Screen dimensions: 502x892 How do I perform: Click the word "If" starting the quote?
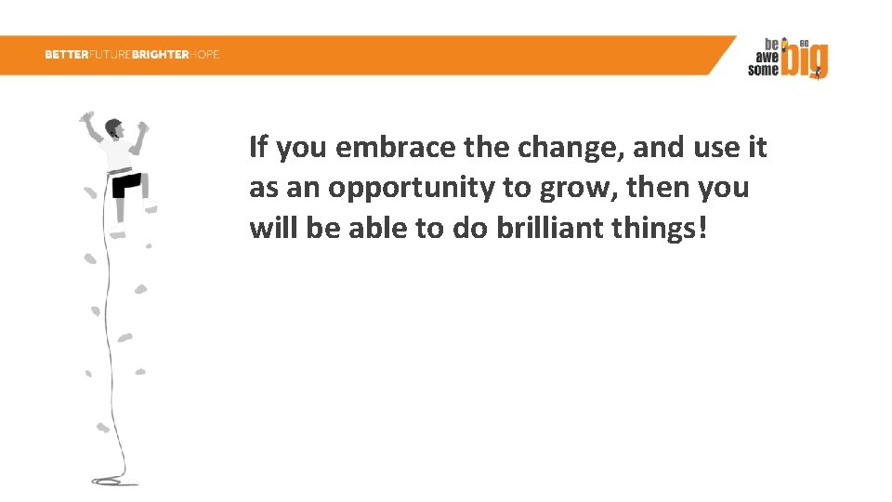click(x=258, y=148)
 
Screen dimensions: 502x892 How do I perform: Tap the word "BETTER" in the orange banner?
click(x=66, y=55)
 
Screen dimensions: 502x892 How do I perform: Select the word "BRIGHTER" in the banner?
click(x=160, y=55)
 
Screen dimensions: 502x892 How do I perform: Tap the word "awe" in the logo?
click(x=766, y=57)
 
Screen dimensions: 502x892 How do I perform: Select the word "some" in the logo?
click(x=763, y=70)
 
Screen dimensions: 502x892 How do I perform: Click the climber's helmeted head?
click(x=114, y=127)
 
